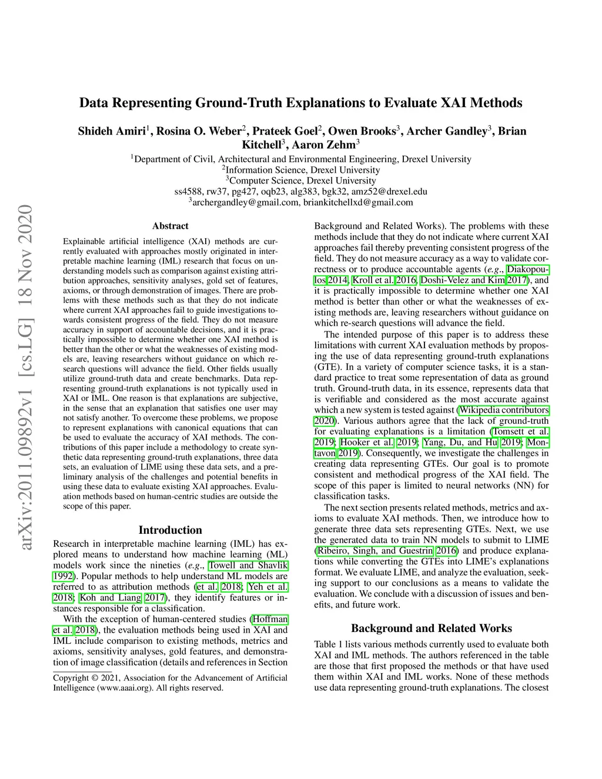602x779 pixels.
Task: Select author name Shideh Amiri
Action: [x=112, y=131]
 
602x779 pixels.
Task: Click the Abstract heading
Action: [x=170, y=226]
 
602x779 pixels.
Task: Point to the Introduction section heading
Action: [x=170, y=530]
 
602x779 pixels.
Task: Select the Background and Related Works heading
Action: [x=431, y=628]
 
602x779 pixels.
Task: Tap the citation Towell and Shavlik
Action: [x=248, y=566]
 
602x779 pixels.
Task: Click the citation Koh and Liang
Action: [x=111, y=598]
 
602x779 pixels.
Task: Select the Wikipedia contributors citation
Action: [x=504, y=410]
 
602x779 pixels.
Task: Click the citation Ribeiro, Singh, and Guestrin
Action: [x=374, y=551]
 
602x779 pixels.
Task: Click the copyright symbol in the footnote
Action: [x=94, y=678]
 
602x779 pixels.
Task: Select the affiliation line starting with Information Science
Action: [x=303, y=170]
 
